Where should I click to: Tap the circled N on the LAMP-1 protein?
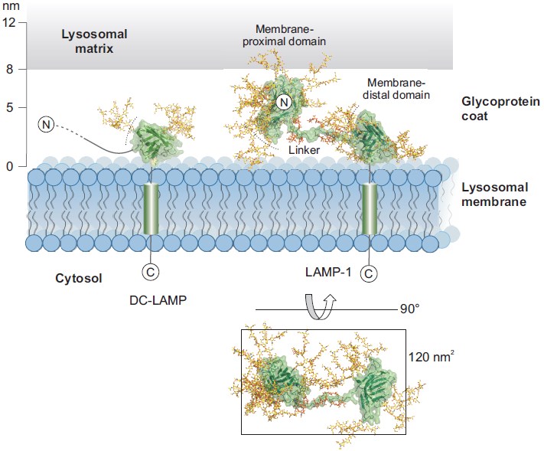[283, 101]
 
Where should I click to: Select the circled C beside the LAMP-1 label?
[370, 272]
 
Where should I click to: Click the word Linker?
[304, 151]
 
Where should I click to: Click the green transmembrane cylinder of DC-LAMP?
[151, 208]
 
